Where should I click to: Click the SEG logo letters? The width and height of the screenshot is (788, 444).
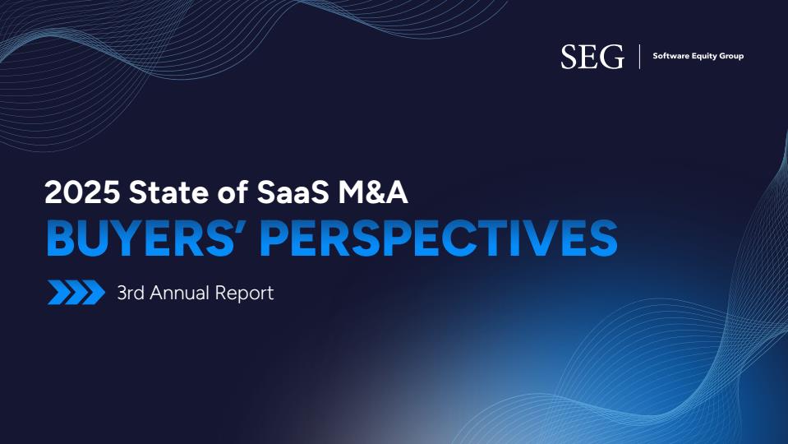[x=592, y=56]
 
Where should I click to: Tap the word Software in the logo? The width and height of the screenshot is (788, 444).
[x=670, y=56]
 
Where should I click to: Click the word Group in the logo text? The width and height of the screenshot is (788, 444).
[x=731, y=56]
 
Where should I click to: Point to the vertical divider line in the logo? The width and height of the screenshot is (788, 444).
[x=639, y=56]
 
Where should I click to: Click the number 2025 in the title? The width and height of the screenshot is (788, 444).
[x=82, y=192]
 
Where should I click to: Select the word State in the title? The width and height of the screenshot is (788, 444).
[x=168, y=192]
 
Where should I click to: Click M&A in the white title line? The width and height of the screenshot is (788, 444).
[x=372, y=192]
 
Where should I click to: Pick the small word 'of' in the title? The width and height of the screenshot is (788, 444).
[x=233, y=192]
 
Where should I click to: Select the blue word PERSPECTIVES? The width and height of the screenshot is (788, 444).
[x=439, y=238]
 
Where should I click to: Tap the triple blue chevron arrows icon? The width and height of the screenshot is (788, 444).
[x=76, y=292]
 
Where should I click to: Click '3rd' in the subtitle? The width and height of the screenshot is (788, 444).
[x=131, y=293]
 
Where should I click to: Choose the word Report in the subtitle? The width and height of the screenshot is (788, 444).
[x=244, y=294]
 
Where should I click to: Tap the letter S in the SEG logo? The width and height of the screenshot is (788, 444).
[x=569, y=56]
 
